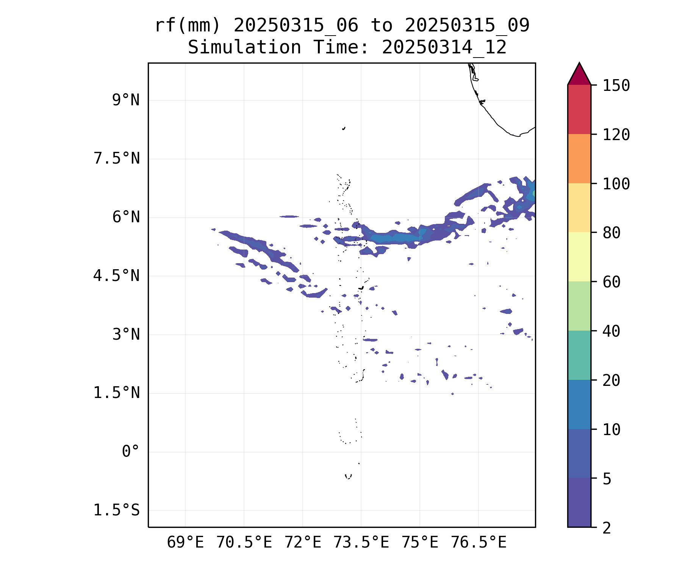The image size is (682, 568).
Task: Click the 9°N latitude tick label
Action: [x=125, y=100]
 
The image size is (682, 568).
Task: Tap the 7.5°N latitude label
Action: [x=116, y=159]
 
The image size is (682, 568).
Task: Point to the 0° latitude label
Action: [x=130, y=451]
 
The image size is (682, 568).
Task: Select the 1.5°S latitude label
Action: [x=116, y=510]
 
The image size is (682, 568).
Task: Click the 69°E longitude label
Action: [x=185, y=543]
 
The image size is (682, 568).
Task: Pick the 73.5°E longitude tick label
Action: [x=361, y=543]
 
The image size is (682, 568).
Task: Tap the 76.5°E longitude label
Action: [x=478, y=543]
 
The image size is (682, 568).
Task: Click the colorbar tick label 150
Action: [x=616, y=86]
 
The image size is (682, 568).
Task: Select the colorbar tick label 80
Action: [x=612, y=233]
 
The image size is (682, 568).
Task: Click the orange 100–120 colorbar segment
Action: [x=579, y=159]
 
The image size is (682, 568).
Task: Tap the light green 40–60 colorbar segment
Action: [x=579, y=306]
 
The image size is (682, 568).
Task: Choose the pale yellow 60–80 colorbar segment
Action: [x=579, y=257]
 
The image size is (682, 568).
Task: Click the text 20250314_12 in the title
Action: [x=444, y=48]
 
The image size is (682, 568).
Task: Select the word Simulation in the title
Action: [x=244, y=48]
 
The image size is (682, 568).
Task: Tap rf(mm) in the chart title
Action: [x=188, y=26]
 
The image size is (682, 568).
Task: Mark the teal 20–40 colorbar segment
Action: [x=579, y=355]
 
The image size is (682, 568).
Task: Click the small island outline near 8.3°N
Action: [x=344, y=128]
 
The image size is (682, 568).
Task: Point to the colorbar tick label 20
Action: [x=612, y=381]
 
